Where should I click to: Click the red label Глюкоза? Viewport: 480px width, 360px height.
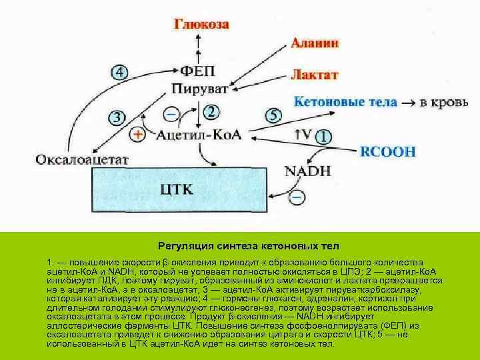pos(202,25)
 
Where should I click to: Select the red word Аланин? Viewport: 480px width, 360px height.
pos(315,43)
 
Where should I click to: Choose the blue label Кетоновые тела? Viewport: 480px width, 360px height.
pos(345,103)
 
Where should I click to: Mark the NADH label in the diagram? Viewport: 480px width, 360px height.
pos(307,171)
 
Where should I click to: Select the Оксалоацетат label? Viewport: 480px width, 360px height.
pos(82,160)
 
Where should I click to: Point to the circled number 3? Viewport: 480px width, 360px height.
pos(116,118)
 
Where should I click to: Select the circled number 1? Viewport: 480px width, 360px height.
pos(323,136)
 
